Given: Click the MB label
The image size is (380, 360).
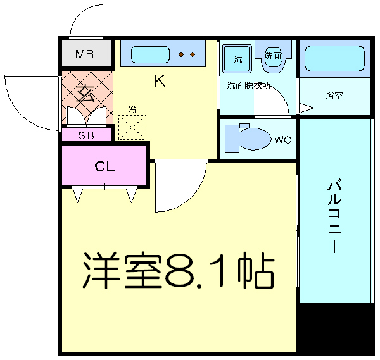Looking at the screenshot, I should tap(84, 54).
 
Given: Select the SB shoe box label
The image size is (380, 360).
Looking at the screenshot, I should tap(87, 134).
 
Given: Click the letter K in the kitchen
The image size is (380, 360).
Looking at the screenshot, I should tap(159, 82).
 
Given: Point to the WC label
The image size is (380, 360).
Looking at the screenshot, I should tap(282, 139).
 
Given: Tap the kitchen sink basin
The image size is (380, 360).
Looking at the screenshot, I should tap(151, 55).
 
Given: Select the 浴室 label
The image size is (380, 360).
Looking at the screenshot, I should tap(334, 96).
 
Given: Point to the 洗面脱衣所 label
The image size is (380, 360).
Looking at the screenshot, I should tap(249, 86).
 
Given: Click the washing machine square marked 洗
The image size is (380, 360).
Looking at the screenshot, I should tap(237, 60).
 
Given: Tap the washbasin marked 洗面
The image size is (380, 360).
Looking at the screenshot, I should tap(273, 56).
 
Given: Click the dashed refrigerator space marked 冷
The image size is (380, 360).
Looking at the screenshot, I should tap(132, 127).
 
